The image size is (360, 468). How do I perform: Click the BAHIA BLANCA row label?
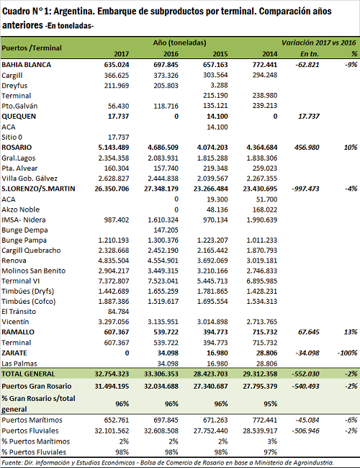point(26,65)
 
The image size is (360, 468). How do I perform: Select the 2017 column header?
point(121,54)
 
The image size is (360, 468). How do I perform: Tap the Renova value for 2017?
point(114,261)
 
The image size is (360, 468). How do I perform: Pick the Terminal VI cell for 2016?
point(163,281)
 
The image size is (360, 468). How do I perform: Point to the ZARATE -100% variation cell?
point(347,353)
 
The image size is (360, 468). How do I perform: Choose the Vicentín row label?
point(15,322)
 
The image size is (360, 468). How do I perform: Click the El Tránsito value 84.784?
point(118,312)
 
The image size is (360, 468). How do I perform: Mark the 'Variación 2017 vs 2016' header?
point(319,42)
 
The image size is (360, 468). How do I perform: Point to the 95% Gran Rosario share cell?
point(271,404)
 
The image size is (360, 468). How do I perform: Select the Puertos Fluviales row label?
point(30,431)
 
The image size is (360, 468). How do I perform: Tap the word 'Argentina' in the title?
point(72,12)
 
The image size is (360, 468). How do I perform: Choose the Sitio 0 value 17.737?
point(118,138)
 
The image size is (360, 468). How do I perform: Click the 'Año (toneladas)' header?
point(180,42)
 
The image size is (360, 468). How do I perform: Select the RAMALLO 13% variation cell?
point(351,332)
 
